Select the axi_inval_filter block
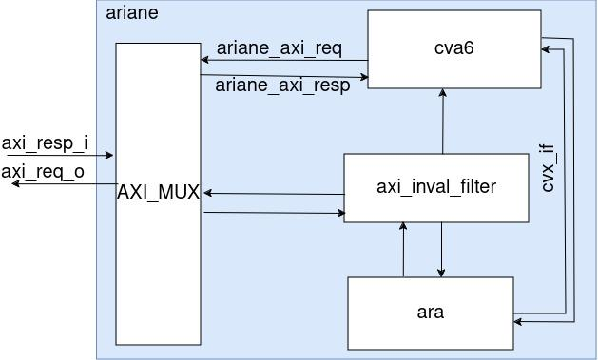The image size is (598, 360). click(435, 187)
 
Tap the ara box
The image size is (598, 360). click(430, 312)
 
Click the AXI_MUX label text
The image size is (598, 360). click(158, 193)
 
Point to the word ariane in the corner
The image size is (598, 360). click(132, 13)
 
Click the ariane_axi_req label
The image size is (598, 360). click(279, 47)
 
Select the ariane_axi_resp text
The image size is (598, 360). click(282, 85)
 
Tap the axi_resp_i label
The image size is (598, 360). click(45, 143)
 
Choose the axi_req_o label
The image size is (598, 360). click(43, 171)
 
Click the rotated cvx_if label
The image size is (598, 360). click(548, 168)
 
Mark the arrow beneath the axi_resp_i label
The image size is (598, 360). click(57, 155)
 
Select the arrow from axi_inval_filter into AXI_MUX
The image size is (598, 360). click(274, 194)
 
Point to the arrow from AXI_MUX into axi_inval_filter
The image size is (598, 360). click(274, 213)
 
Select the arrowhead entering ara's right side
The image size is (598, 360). click(519, 322)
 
